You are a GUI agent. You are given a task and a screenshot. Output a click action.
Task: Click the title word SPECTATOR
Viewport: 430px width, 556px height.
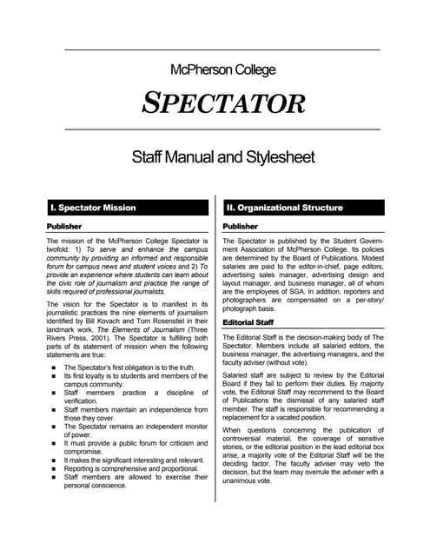pos(223,103)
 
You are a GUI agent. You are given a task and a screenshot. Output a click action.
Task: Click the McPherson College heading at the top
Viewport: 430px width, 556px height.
pos(223,69)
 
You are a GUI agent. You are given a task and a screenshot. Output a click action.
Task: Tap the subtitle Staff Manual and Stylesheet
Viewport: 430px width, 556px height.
pos(222,157)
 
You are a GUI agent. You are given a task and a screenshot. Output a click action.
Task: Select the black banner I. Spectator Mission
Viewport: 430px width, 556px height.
pos(127,208)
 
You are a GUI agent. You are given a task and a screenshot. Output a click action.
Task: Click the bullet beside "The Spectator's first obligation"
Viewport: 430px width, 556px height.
pos(53,369)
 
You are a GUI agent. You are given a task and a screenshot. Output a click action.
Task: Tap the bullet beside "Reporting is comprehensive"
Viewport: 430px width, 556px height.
pos(53,468)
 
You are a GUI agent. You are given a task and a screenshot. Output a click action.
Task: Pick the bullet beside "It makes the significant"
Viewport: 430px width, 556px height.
pos(53,459)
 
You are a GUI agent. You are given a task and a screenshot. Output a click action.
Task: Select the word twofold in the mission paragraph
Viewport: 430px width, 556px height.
pos(62,248)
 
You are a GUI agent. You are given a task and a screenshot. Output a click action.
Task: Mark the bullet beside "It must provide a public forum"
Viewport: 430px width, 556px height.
pos(53,439)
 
